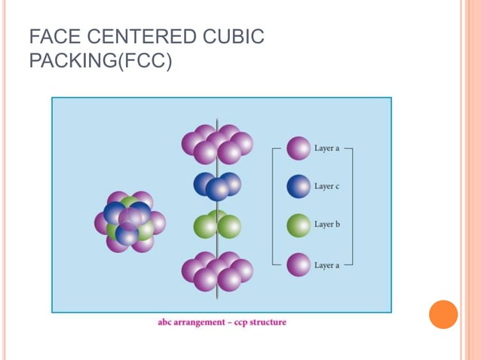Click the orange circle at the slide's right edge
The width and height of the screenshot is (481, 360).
coord(443,314)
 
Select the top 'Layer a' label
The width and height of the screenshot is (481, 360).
coord(327,148)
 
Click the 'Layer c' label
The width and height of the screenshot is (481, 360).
coord(327,186)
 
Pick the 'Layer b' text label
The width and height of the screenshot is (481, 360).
coord(327,224)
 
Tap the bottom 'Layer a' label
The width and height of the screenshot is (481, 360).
coord(327,264)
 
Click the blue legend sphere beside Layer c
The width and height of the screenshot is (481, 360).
coord(299,186)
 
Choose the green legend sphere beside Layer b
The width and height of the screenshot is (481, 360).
coord(299,225)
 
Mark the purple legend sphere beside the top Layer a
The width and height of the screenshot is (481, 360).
coord(299,148)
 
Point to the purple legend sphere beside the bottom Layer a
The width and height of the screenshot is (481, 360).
coord(299,264)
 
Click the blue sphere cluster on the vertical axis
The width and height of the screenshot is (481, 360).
coord(217,185)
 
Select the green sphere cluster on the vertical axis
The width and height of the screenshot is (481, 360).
coord(217,224)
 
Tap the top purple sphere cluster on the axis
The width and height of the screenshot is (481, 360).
coord(217,144)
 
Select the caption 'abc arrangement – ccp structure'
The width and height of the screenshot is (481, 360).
coord(222,322)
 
